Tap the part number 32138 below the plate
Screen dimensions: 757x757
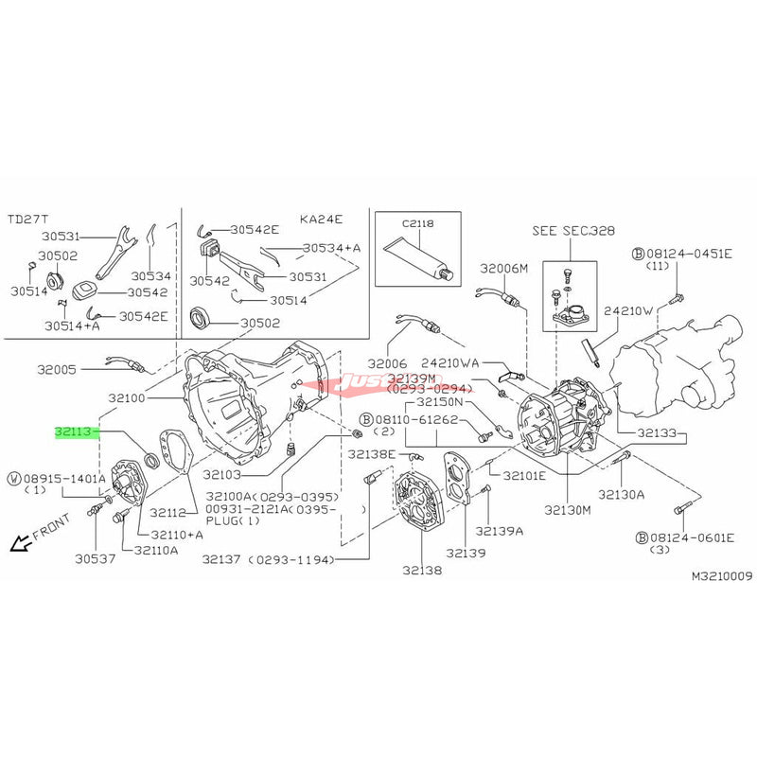[422, 571]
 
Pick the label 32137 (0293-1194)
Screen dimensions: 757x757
[269, 560]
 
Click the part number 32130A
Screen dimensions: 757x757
[621, 494]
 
